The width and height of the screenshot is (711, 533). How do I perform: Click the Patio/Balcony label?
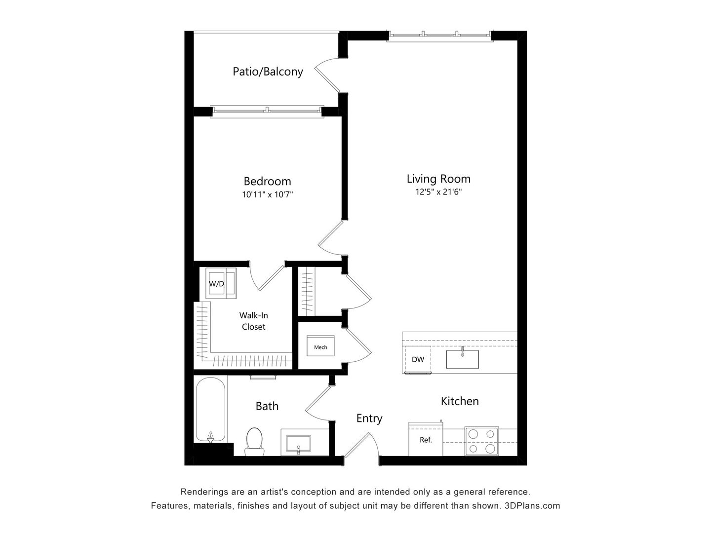click(268, 72)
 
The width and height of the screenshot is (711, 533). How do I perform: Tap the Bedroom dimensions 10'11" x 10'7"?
click(268, 194)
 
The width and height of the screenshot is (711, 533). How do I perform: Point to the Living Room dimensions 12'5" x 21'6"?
click(438, 192)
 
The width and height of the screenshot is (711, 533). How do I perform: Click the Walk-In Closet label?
click(253, 321)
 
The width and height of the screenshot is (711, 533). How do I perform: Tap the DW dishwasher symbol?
click(418, 359)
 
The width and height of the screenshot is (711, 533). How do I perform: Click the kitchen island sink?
click(462, 359)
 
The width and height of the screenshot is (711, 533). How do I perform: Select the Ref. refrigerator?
click(426, 440)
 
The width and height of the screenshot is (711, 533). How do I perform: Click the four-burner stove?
click(481, 441)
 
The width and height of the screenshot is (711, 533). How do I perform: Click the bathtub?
click(211, 410)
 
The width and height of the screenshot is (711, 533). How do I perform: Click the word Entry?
click(369, 419)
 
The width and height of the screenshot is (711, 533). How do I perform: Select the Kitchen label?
click(460, 401)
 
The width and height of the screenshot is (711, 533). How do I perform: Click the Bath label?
click(267, 406)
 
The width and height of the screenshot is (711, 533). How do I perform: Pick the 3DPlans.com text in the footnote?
click(532, 506)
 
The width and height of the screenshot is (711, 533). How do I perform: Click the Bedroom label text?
click(267, 181)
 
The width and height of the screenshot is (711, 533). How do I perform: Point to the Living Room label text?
click(438, 179)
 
